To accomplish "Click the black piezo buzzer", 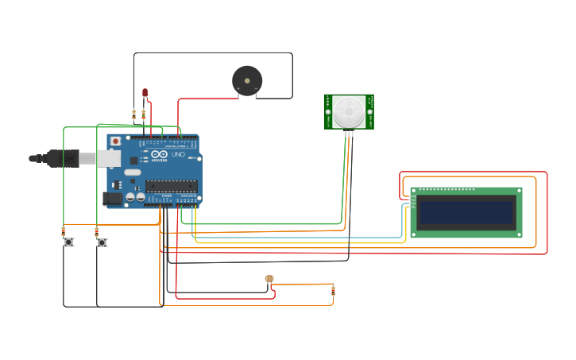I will [247, 80].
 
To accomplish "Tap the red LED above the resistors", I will [145, 93].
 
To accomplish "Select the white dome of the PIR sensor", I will [349, 111].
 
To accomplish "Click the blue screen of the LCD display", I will [466, 213].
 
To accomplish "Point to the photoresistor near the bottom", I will [269, 279].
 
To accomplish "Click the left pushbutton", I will [68, 242].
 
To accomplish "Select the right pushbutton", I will [102, 242].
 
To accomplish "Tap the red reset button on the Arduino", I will [116, 141].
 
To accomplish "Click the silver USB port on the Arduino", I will [110, 158].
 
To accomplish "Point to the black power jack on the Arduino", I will [113, 198].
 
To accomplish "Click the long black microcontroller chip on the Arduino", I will [171, 186].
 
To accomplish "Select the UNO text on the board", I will [178, 155].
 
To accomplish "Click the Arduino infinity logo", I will [159, 155].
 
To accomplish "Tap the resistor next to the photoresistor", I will [333, 291].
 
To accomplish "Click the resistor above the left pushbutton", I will [64, 232].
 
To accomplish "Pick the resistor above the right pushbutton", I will [97, 232].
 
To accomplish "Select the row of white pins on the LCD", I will [446, 189].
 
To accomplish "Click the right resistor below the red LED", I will [143, 114].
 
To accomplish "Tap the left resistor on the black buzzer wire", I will [133, 114].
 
